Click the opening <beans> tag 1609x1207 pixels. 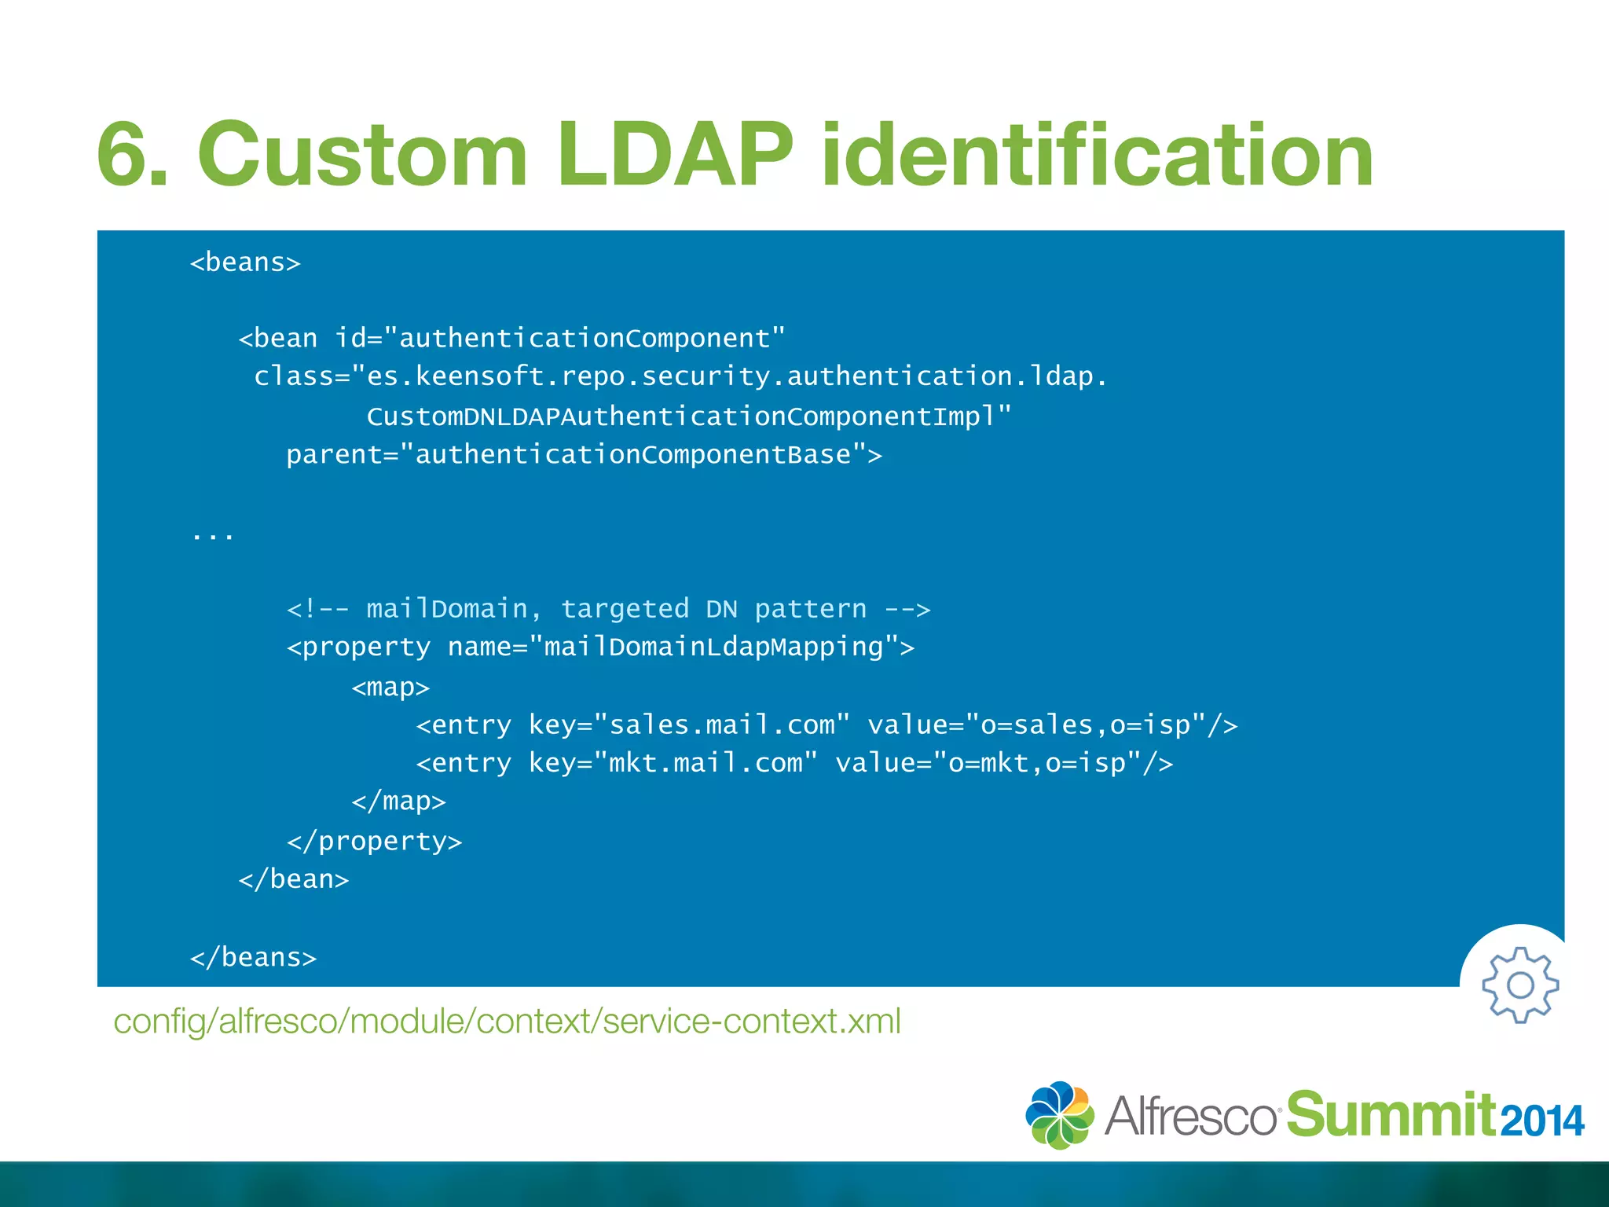[x=245, y=262]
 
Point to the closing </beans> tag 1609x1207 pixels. [x=253, y=957]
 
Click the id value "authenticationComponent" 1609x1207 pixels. [x=591, y=339]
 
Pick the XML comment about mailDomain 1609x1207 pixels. [x=608, y=609]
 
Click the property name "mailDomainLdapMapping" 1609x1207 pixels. [x=713, y=648]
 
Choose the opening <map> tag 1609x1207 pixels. [x=390, y=688]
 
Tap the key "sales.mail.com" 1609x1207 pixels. [x=722, y=725]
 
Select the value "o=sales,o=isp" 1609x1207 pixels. [x=1093, y=725]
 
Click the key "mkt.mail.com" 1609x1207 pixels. [x=706, y=763]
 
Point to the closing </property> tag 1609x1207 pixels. [x=374, y=842]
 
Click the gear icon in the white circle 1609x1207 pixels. [x=1520, y=985]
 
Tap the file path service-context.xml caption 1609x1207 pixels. [x=507, y=1022]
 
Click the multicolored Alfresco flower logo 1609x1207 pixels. [x=1059, y=1115]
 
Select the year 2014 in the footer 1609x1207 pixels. [x=1542, y=1121]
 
